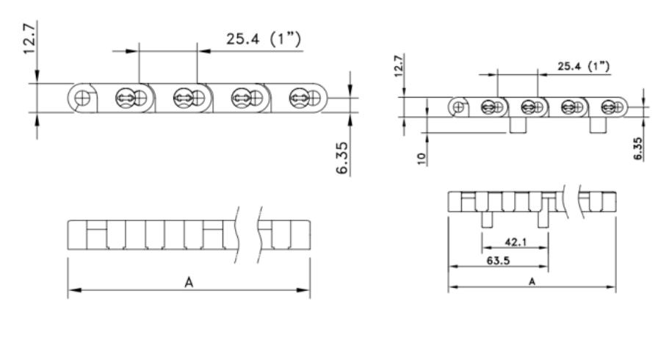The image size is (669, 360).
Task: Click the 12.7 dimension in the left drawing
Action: (29, 39)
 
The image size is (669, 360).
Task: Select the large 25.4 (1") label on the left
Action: (263, 39)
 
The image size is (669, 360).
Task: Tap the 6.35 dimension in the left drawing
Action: (342, 158)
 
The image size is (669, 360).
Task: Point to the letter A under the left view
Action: (189, 282)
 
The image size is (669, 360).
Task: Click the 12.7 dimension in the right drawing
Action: (399, 66)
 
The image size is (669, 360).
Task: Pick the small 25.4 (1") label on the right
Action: (584, 67)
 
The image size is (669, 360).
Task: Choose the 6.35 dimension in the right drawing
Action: (638, 148)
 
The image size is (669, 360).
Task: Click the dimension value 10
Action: (422, 158)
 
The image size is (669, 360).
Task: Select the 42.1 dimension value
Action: (516, 242)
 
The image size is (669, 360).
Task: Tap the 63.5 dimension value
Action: (498, 261)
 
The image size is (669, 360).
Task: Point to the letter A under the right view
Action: (532, 281)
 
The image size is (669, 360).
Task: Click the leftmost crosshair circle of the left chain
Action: (82, 98)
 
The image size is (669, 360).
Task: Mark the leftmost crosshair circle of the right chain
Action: (459, 107)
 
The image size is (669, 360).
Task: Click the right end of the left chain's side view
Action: (328, 98)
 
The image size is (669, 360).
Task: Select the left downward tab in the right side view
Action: (518, 125)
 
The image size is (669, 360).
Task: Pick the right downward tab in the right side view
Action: (598, 125)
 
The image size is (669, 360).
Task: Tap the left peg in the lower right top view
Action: (487, 220)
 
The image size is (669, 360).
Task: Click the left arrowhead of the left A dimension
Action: (74, 290)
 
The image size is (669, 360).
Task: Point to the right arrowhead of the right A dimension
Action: (610, 287)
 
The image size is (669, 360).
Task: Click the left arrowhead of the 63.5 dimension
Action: (454, 267)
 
